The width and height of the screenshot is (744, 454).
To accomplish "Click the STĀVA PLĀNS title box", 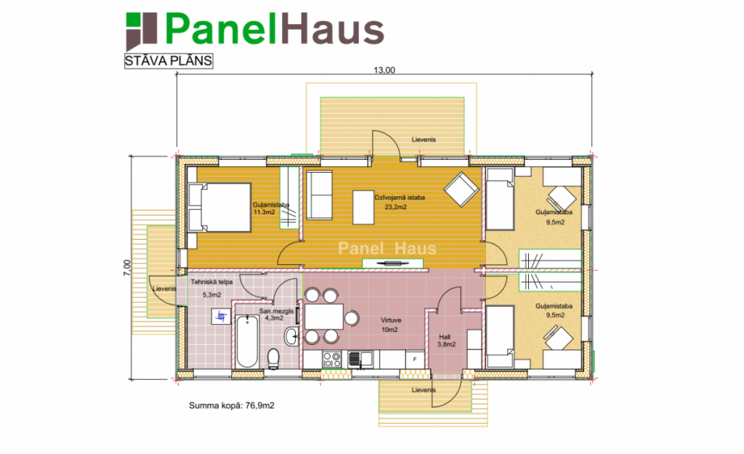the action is tap(169, 61).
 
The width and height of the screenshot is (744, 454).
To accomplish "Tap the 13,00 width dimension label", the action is tap(384, 70).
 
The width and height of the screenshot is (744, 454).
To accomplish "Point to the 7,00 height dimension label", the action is tap(126, 267).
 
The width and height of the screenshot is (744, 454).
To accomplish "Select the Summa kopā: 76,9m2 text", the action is tap(232, 405).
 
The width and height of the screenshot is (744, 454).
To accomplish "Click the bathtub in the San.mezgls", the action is tap(247, 341).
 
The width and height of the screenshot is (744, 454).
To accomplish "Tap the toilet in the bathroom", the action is tap(274, 359).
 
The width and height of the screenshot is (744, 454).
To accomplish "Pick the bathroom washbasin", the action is tap(292, 336).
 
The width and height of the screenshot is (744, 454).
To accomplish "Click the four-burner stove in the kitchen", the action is tap(331, 359).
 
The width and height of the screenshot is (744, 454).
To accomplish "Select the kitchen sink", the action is tap(360, 359).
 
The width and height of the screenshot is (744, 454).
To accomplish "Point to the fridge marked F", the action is tap(415, 359).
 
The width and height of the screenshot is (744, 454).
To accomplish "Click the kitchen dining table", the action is tap(324, 317).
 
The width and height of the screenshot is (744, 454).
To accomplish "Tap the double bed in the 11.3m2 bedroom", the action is tap(219, 208).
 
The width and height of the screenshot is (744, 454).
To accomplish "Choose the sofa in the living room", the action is tap(320, 195).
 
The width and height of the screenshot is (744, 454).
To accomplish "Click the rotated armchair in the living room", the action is tap(461, 190).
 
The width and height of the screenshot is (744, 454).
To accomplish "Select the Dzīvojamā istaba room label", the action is tap(400, 198).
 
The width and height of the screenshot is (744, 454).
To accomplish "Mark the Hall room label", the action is tap(445, 337).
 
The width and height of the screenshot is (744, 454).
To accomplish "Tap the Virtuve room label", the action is tap(391, 320).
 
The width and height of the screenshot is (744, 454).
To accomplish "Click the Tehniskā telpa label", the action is tap(211, 282).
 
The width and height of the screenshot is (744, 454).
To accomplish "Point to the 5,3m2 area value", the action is tap(212, 295).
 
